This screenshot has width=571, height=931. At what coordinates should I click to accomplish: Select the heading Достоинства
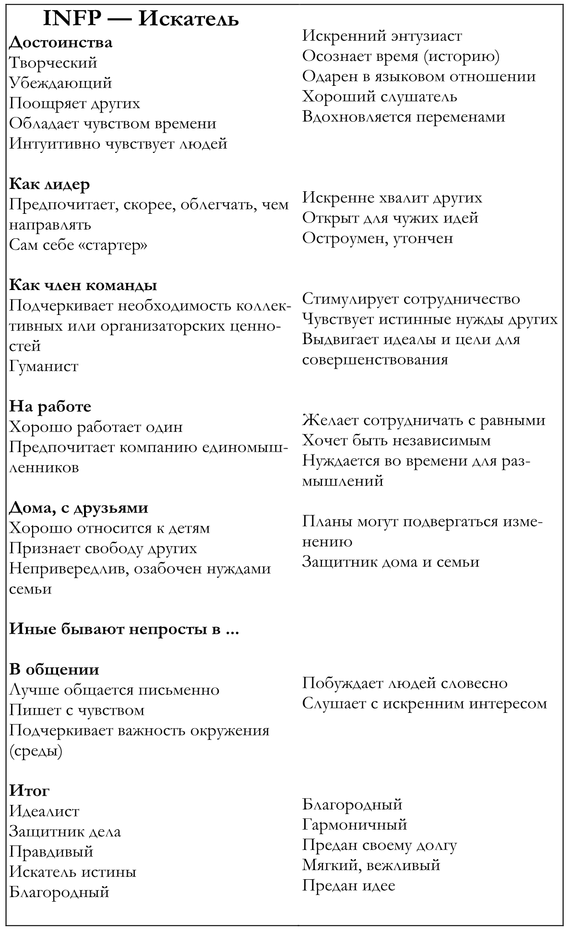click(61, 42)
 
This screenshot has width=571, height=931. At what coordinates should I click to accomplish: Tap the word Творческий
click(53, 63)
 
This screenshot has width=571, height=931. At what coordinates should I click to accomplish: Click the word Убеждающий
click(60, 83)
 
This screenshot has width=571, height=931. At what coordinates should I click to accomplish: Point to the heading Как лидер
click(50, 184)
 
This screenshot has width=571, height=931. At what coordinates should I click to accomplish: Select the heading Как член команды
click(83, 285)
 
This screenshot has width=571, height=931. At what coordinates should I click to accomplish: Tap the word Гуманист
click(44, 366)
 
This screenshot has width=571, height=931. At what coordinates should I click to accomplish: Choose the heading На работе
click(50, 407)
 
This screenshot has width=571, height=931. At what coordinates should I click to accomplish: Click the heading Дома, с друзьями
click(79, 508)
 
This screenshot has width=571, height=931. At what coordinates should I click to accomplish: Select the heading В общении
click(54, 670)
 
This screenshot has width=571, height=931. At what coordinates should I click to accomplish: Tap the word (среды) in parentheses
click(36, 751)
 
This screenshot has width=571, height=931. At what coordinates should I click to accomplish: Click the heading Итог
click(29, 791)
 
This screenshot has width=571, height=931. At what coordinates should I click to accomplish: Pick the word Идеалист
click(44, 811)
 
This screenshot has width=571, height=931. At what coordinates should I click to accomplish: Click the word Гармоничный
click(355, 825)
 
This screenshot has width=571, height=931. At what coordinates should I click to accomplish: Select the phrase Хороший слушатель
click(380, 97)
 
